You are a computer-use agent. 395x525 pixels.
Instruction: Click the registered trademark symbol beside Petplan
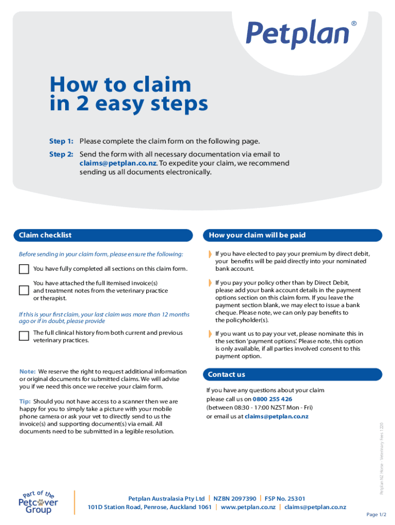353,24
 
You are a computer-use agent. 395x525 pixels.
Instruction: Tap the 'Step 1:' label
61,141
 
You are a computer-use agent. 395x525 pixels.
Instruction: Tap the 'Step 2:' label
61,154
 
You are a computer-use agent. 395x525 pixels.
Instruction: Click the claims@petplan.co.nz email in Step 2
118,164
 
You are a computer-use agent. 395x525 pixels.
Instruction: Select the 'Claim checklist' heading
45,235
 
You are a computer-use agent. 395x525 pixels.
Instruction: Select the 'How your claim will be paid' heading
256,235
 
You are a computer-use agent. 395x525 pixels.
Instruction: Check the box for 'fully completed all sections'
24,269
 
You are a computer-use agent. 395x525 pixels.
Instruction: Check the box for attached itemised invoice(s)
24,290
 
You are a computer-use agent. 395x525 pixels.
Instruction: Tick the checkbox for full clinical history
24,336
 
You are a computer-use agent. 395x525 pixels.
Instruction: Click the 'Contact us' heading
226,374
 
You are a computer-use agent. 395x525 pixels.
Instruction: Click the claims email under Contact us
276,416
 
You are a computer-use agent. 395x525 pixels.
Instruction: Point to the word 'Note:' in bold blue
27,371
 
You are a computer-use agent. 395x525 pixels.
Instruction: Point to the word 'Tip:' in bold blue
25,401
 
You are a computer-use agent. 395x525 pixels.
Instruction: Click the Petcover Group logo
38,502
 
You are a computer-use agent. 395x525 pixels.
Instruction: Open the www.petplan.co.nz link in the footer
248,507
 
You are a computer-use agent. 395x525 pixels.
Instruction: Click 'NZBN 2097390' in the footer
234,498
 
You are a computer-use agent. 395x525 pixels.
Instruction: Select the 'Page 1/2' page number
376,515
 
